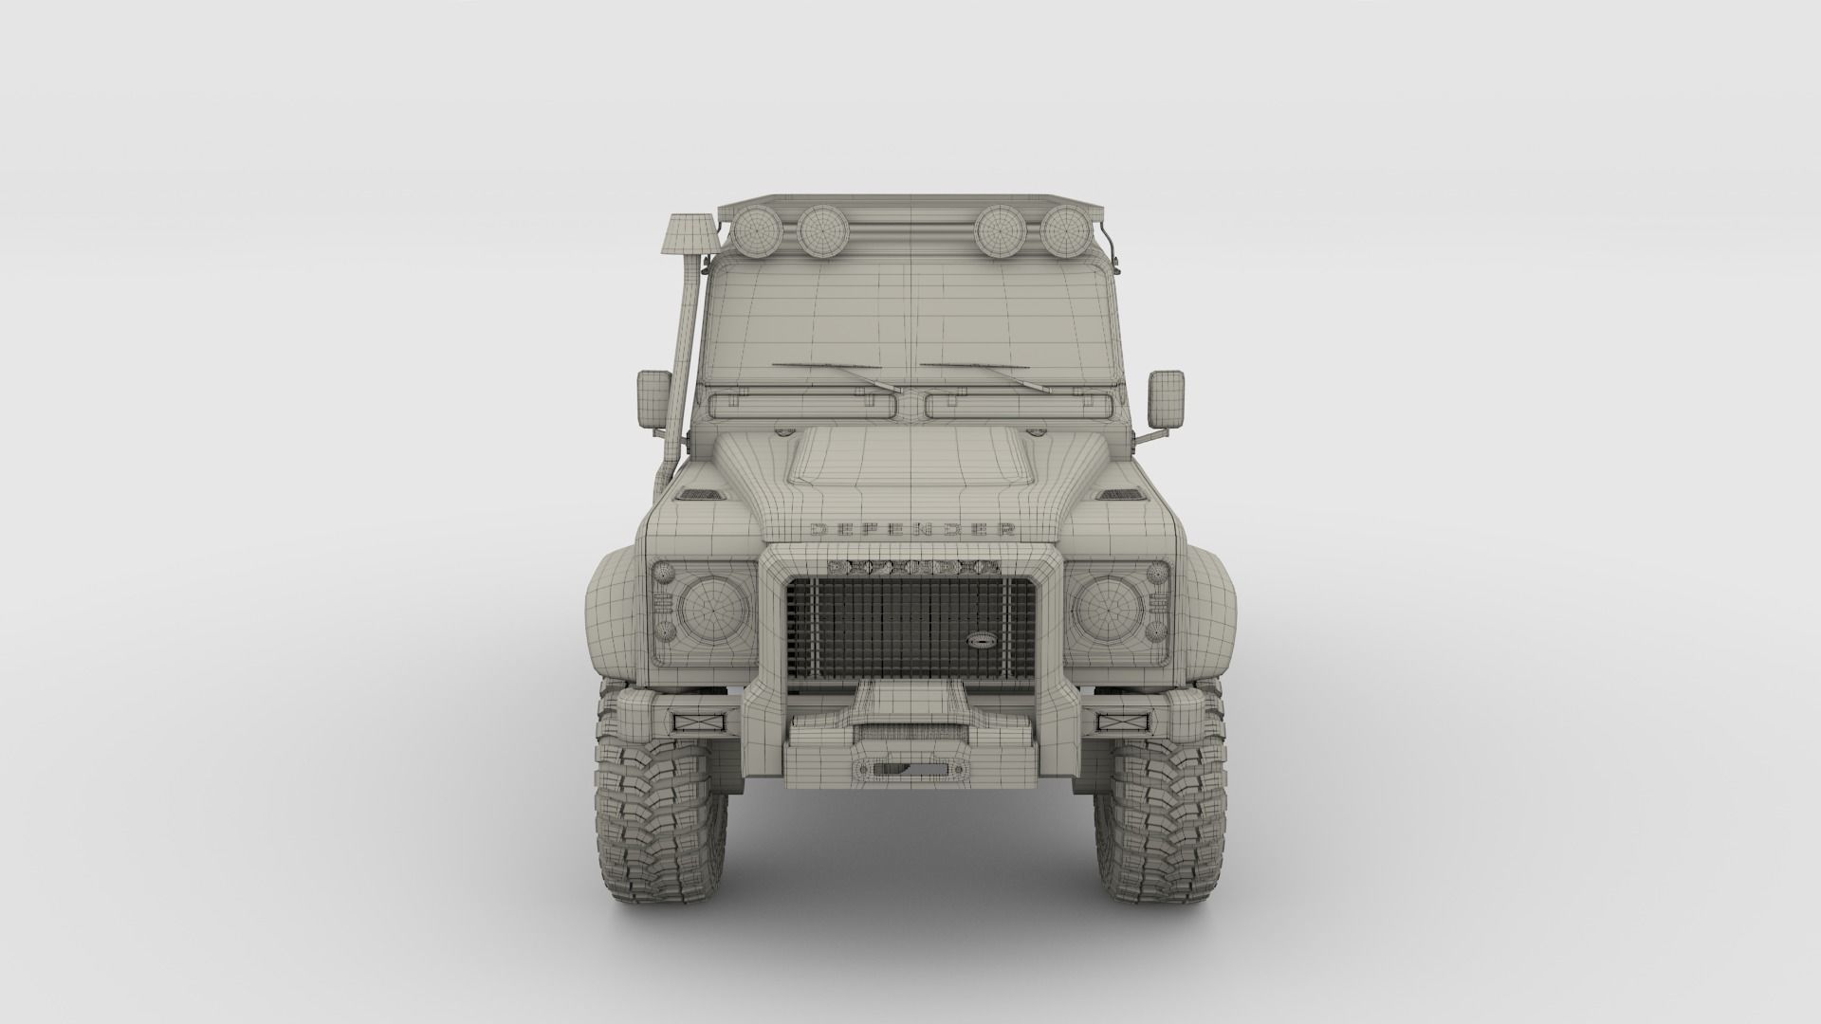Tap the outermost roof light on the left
[x=756, y=229]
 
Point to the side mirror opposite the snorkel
[x=1165, y=398]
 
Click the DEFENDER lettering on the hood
[x=910, y=529]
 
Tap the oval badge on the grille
[x=977, y=640]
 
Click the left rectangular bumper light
[x=698, y=722]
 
